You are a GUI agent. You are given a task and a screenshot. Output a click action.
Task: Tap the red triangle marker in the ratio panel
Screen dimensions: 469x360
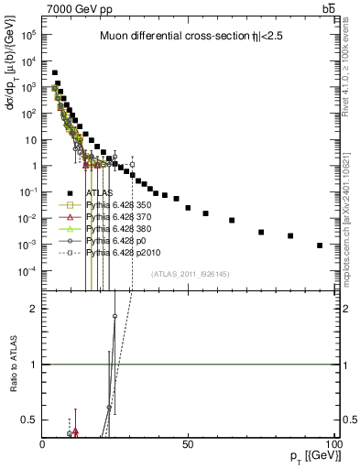(75, 430)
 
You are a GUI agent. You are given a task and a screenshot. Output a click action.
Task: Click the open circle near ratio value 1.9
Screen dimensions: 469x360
(115, 316)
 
